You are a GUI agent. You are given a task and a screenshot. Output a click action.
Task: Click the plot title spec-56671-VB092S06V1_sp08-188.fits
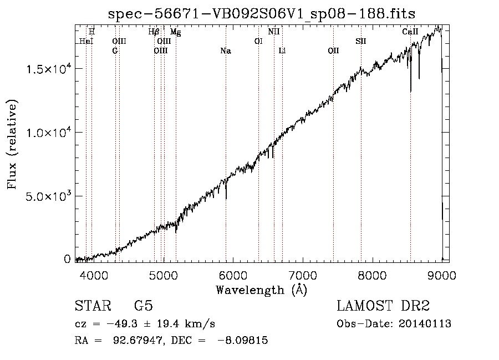pos(262,14)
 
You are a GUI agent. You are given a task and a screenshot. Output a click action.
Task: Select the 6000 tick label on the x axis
pos(233,275)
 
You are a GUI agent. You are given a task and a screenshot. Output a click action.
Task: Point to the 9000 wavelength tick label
pos(442,275)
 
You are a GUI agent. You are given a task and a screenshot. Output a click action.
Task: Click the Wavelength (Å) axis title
pos(262,290)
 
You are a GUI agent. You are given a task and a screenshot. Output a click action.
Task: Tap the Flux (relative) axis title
pos(12,144)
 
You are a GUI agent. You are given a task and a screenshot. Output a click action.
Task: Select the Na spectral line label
pos(226,51)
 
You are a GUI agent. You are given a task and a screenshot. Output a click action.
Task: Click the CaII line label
pos(410,32)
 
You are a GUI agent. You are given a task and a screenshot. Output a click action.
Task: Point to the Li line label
pos(282,51)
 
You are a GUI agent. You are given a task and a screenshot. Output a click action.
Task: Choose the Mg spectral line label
pos(176,32)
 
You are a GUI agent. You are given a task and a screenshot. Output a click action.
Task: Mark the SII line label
pos(361,42)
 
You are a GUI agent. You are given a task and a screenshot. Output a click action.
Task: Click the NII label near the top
pos(274,32)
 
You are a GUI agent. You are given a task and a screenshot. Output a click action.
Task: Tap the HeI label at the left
pos(86,42)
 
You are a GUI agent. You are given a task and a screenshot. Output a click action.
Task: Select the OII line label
pos(333,51)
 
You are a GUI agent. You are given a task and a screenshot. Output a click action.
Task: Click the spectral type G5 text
pos(144,306)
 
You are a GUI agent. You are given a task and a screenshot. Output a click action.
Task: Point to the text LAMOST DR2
pos(383,306)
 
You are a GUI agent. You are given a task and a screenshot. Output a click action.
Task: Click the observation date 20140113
pos(425,324)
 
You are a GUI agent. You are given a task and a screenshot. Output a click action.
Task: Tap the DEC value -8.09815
pos(242,340)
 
